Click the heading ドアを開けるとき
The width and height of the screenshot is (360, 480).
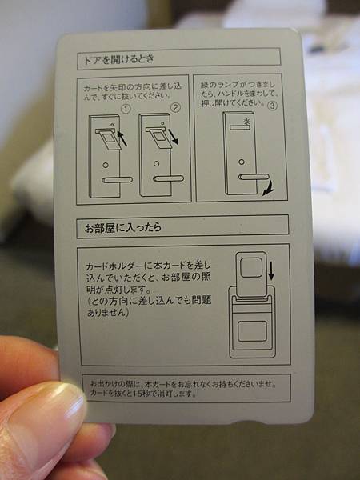[x=118, y=59]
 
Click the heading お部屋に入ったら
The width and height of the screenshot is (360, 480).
[x=122, y=227]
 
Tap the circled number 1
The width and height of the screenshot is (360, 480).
[x=126, y=109]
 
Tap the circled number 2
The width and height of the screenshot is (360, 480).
[x=175, y=107]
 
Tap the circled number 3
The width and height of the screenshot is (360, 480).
[x=272, y=106]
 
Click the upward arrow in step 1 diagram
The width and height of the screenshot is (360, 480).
[x=122, y=138]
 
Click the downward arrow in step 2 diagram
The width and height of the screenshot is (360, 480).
[x=173, y=137]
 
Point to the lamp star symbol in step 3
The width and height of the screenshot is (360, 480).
[x=246, y=122]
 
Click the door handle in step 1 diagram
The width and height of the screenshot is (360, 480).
[x=118, y=180]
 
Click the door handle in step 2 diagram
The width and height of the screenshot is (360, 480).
[x=168, y=178]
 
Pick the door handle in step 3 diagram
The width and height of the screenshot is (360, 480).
[x=254, y=177]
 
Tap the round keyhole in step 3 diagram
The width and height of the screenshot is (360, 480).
[x=242, y=162]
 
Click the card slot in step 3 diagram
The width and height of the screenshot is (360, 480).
[x=240, y=127]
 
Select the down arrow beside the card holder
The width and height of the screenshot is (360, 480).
[x=271, y=270]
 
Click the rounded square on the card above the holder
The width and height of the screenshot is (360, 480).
[x=251, y=267]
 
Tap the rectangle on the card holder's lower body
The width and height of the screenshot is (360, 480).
[x=252, y=331]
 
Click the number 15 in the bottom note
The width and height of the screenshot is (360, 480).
[x=138, y=394]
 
